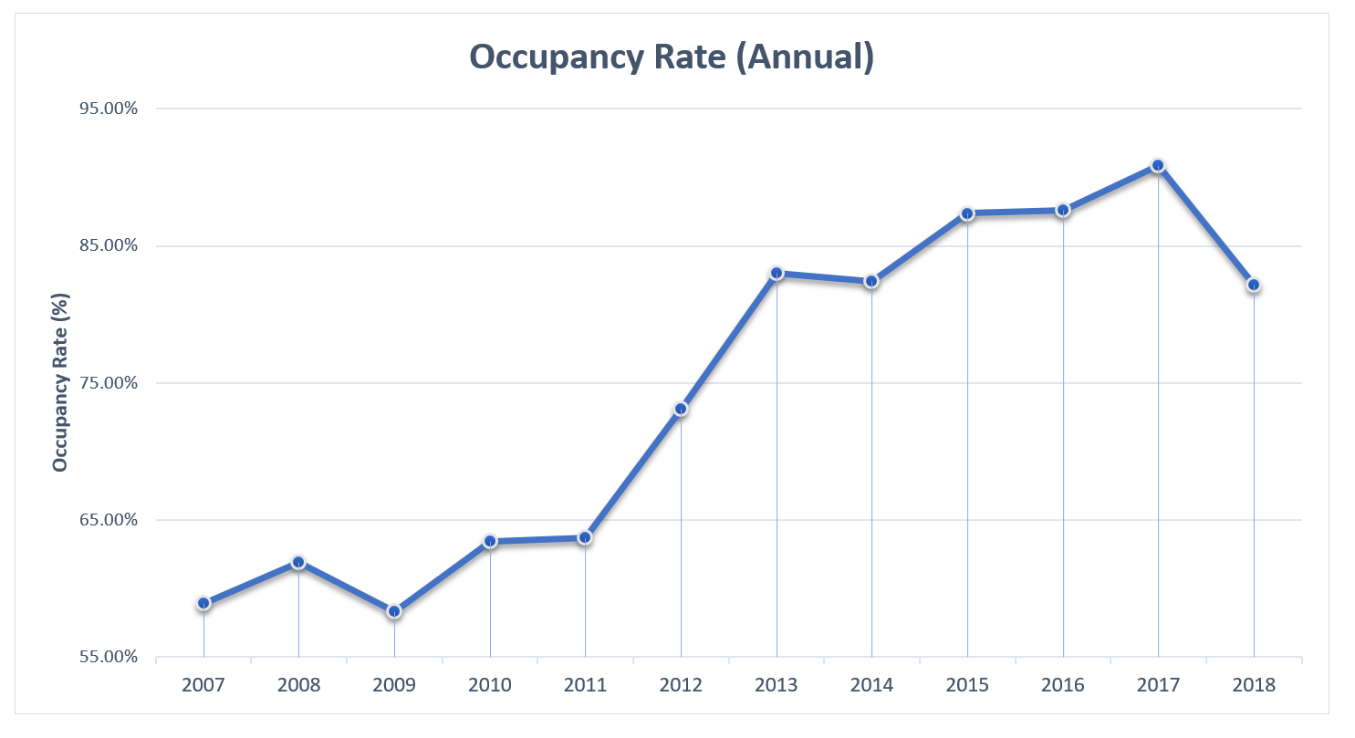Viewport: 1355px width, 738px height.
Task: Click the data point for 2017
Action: tap(1158, 165)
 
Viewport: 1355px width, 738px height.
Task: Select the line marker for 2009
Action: tap(394, 611)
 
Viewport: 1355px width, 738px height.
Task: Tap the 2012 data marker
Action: tap(681, 409)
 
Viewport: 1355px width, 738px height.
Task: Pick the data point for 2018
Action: tap(1254, 285)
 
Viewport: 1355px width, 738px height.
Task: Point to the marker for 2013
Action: tap(777, 273)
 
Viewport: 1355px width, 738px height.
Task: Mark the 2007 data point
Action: tap(203, 603)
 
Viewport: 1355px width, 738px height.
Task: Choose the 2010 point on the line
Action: tap(490, 541)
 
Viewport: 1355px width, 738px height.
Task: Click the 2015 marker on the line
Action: tap(967, 213)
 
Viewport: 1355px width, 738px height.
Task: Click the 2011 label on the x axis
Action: tap(585, 685)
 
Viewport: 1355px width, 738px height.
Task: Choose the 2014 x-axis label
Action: tap(871, 685)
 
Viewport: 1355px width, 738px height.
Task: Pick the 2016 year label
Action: tap(1063, 685)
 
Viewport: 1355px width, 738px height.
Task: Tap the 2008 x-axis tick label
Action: tap(298, 685)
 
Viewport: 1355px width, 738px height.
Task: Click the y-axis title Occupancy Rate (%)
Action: tap(61, 382)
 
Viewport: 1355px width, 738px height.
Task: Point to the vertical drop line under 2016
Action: tap(1063, 438)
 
